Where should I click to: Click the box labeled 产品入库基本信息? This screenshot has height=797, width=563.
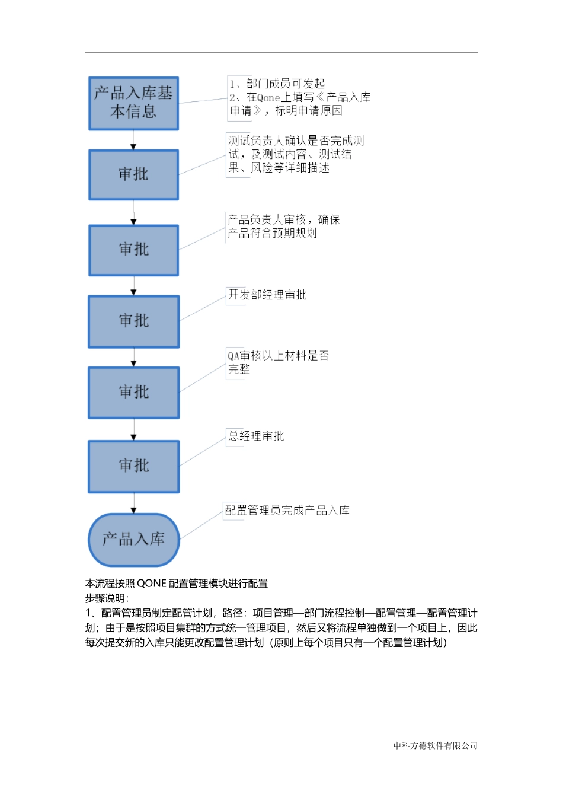[x=133, y=103]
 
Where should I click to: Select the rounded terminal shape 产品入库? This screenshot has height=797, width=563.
[x=133, y=540]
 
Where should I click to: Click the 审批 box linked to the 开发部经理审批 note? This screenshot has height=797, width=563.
[x=133, y=321]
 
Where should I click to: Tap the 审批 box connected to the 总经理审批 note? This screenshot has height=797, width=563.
[x=133, y=467]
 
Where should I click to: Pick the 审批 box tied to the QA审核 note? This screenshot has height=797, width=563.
[x=133, y=393]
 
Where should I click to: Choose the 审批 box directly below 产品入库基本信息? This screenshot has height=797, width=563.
[x=133, y=175]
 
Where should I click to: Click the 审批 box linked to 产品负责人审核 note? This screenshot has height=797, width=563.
[x=133, y=250]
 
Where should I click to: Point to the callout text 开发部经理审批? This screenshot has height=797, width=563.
[x=267, y=295]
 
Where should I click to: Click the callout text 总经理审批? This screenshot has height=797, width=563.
[x=256, y=436]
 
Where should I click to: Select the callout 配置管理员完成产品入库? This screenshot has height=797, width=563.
[x=287, y=511]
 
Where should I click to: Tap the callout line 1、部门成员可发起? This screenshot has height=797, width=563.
[x=277, y=84]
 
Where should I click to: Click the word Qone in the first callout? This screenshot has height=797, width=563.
[x=268, y=98]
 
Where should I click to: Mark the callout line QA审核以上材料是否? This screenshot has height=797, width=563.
[x=278, y=356]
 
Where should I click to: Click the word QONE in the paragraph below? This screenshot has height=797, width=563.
[x=152, y=584]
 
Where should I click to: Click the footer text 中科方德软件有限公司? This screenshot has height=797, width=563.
[x=435, y=746]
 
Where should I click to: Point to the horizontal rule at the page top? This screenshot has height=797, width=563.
[x=281, y=52]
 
